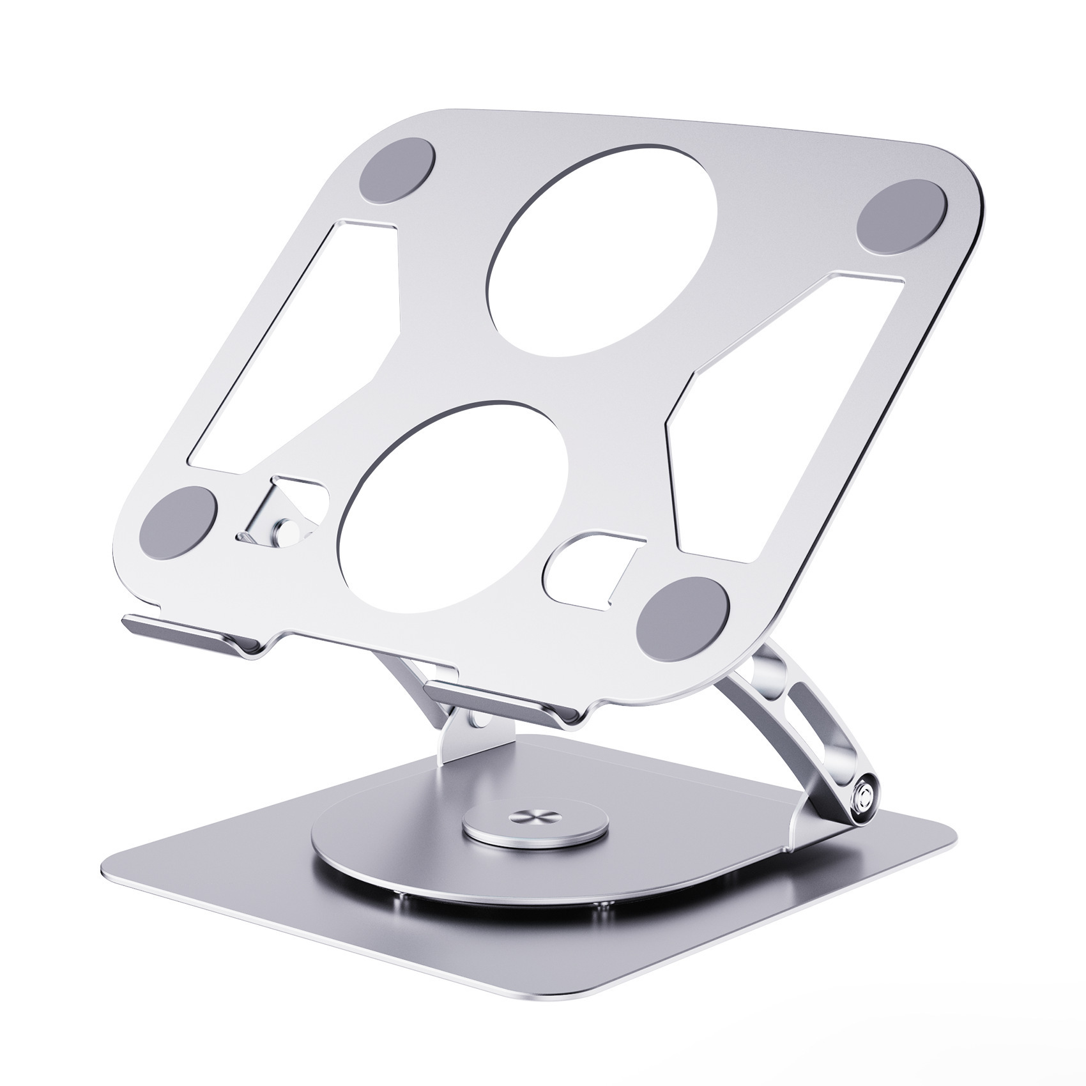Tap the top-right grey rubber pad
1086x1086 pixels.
[900, 215]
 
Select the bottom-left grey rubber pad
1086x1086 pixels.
[178, 519]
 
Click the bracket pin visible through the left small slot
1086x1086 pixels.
[286, 530]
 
